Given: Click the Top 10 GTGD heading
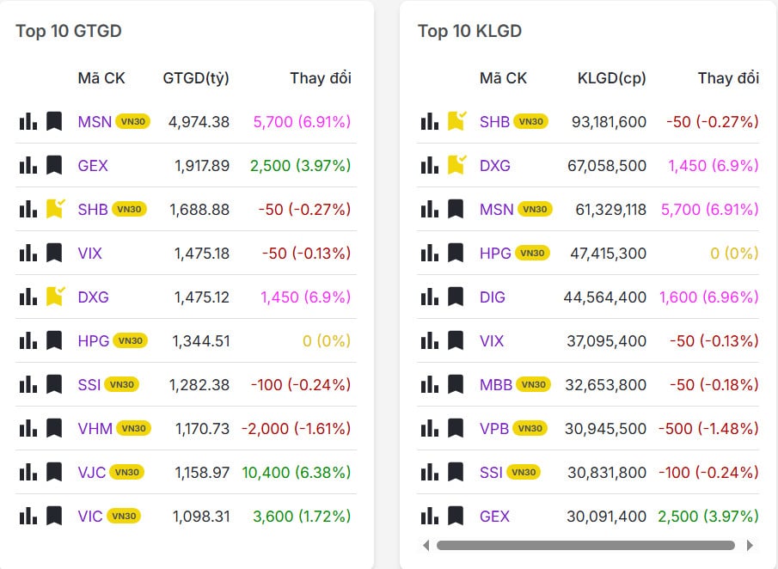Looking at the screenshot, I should (x=69, y=31).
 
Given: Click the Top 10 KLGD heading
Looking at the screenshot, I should (x=469, y=31).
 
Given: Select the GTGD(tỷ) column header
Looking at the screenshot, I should (x=196, y=78).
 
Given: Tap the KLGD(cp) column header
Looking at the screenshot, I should (x=611, y=78).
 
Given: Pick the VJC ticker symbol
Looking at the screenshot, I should (x=91, y=472).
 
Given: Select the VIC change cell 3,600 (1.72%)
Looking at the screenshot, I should (x=301, y=516).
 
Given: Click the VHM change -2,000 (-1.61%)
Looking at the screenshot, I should (x=296, y=428).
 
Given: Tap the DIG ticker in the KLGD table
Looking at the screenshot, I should (x=493, y=297).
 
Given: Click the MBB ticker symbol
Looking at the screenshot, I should (x=496, y=384).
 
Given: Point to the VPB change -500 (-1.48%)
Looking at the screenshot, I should (x=708, y=428).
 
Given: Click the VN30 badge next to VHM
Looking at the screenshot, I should (x=133, y=428).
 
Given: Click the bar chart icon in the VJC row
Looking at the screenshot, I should (x=28, y=472).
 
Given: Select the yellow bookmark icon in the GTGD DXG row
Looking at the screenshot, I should (x=55, y=297).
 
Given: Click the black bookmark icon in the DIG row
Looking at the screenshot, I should (x=456, y=297).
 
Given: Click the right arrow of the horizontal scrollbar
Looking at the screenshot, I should (x=750, y=545).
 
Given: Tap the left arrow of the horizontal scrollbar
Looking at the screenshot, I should (x=426, y=545).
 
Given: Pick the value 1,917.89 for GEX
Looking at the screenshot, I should (x=201, y=165).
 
